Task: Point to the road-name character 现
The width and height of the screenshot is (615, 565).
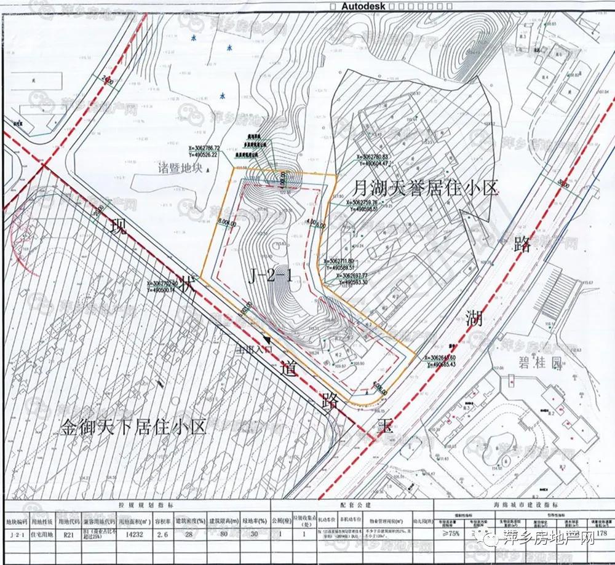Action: tap(115, 229)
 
